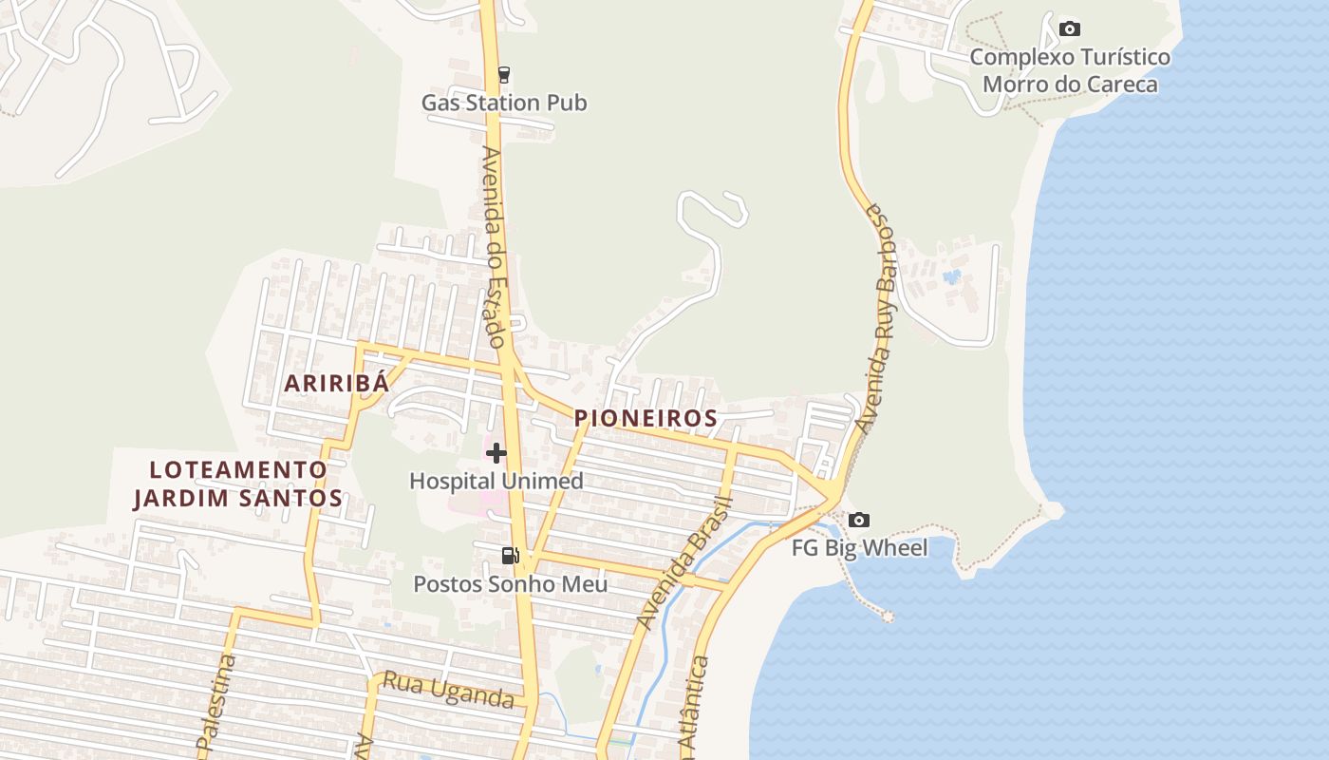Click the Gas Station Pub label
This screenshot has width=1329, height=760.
click(504, 103)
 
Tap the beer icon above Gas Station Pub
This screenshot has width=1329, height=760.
click(504, 74)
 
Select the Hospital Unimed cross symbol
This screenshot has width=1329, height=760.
click(496, 453)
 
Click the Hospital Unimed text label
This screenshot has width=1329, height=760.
click(496, 481)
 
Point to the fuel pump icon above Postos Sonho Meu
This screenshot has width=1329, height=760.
click(510, 556)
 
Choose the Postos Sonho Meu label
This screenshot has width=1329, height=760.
click(510, 583)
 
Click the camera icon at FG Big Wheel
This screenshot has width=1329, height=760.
click(859, 520)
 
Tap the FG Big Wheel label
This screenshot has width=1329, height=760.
click(860, 548)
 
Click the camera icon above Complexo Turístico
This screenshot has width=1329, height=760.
click(1070, 28)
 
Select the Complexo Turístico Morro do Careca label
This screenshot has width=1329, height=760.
click(1070, 71)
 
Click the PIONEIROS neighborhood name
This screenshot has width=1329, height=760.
click(646, 418)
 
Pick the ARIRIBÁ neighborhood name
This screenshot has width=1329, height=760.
click(337, 384)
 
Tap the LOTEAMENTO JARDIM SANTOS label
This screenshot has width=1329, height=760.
click(237, 484)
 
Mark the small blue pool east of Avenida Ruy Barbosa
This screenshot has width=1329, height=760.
click(952, 277)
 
